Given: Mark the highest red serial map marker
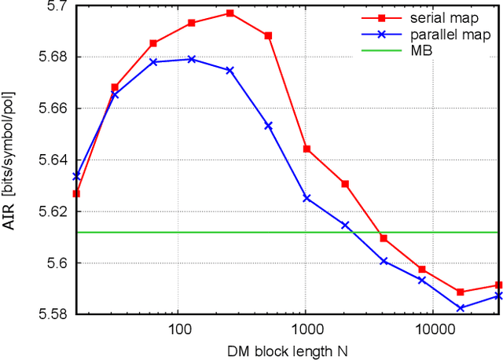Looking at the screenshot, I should [230, 13].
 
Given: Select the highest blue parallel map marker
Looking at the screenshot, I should [192, 59].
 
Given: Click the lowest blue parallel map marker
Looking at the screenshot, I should [461, 308].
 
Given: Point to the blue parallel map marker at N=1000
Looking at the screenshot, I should [307, 198].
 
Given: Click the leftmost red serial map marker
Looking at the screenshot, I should [76, 193].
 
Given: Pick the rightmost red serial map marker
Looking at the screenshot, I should [498, 285].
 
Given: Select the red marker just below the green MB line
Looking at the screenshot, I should [384, 238].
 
